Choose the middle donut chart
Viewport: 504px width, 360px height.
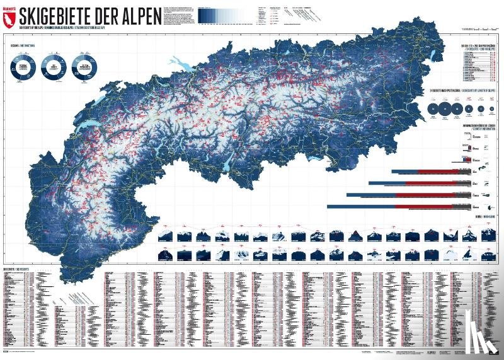pos(53,67)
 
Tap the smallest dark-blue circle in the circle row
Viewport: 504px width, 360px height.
pos(491,110)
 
